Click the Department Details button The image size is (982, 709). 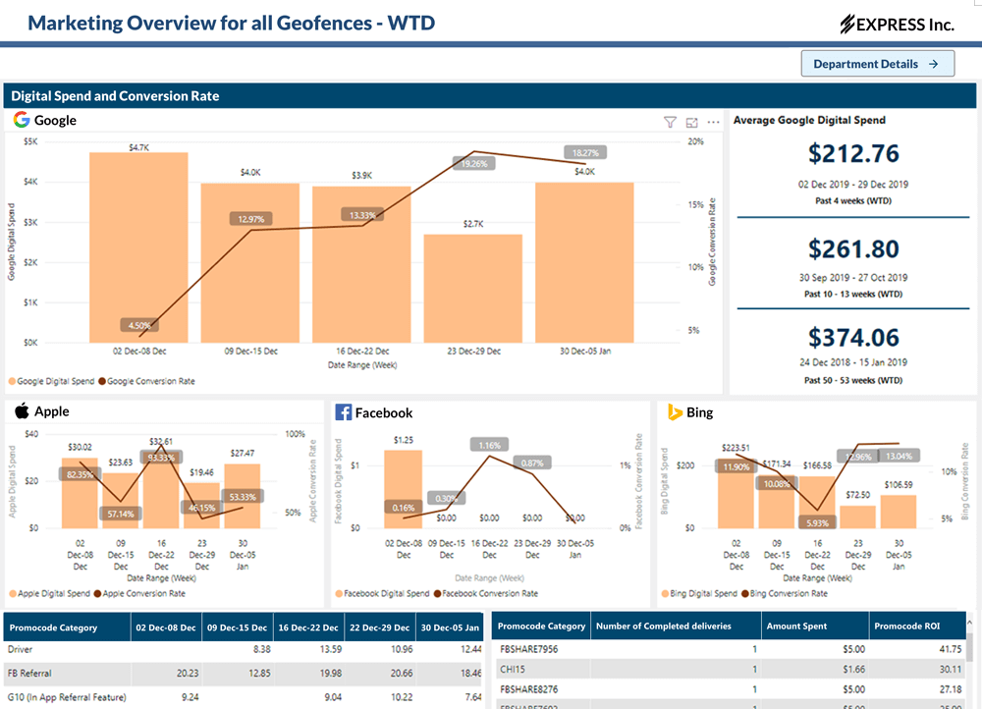pyautogui.click(x=877, y=64)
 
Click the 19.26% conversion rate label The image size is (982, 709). pyautogui.click(x=473, y=164)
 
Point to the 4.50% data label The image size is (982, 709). pyautogui.click(x=139, y=325)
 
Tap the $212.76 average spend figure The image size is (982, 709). pyautogui.click(x=853, y=153)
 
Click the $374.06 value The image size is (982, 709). pyautogui.click(x=853, y=337)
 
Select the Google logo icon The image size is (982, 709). pyautogui.click(x=22, y=120)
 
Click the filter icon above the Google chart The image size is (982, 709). pyautogui.click(x=670, y=122)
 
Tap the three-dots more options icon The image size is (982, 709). pyautogui.click(x=714, y=122)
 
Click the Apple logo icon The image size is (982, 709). pyautogui.click(x=22, y=411)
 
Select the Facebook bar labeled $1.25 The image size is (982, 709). pyautogui.click(x=403, y=488)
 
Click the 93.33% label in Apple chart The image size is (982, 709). pyautogui.click(x=161, y=458)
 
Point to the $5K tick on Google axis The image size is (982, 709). pyautogui.click(x=30, y=141)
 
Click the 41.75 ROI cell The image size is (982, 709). pyautogui.click(x=950, y=649)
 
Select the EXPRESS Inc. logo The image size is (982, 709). pyautogui.click(x=898, y=25)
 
